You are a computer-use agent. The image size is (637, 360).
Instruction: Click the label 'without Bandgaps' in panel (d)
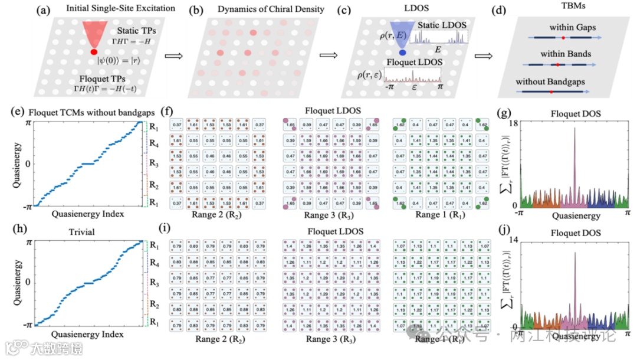coord(550,82)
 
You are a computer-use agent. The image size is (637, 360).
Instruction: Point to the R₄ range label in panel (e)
coord(153,143)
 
